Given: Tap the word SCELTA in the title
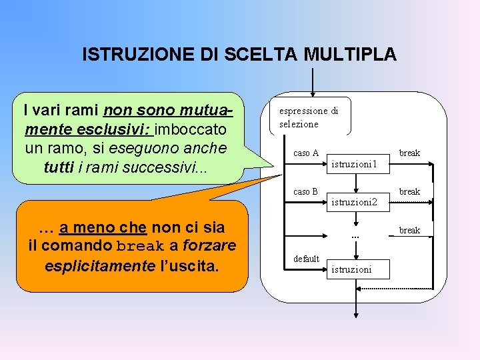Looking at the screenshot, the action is click(263, 55).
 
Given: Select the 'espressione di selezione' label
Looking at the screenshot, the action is click(308, 117).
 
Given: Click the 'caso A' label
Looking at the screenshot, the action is click(306, 153).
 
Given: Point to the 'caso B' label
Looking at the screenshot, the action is click(306, 192).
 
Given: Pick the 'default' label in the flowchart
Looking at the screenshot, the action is click(307, 259).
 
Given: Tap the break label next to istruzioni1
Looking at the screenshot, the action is click(409, 153).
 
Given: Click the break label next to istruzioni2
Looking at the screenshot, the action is click(409, 192).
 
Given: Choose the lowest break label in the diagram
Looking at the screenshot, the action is click(409, 231).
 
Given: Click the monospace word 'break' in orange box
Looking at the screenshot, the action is click(139, 247).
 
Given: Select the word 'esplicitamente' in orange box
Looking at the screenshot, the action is click(99, 266).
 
